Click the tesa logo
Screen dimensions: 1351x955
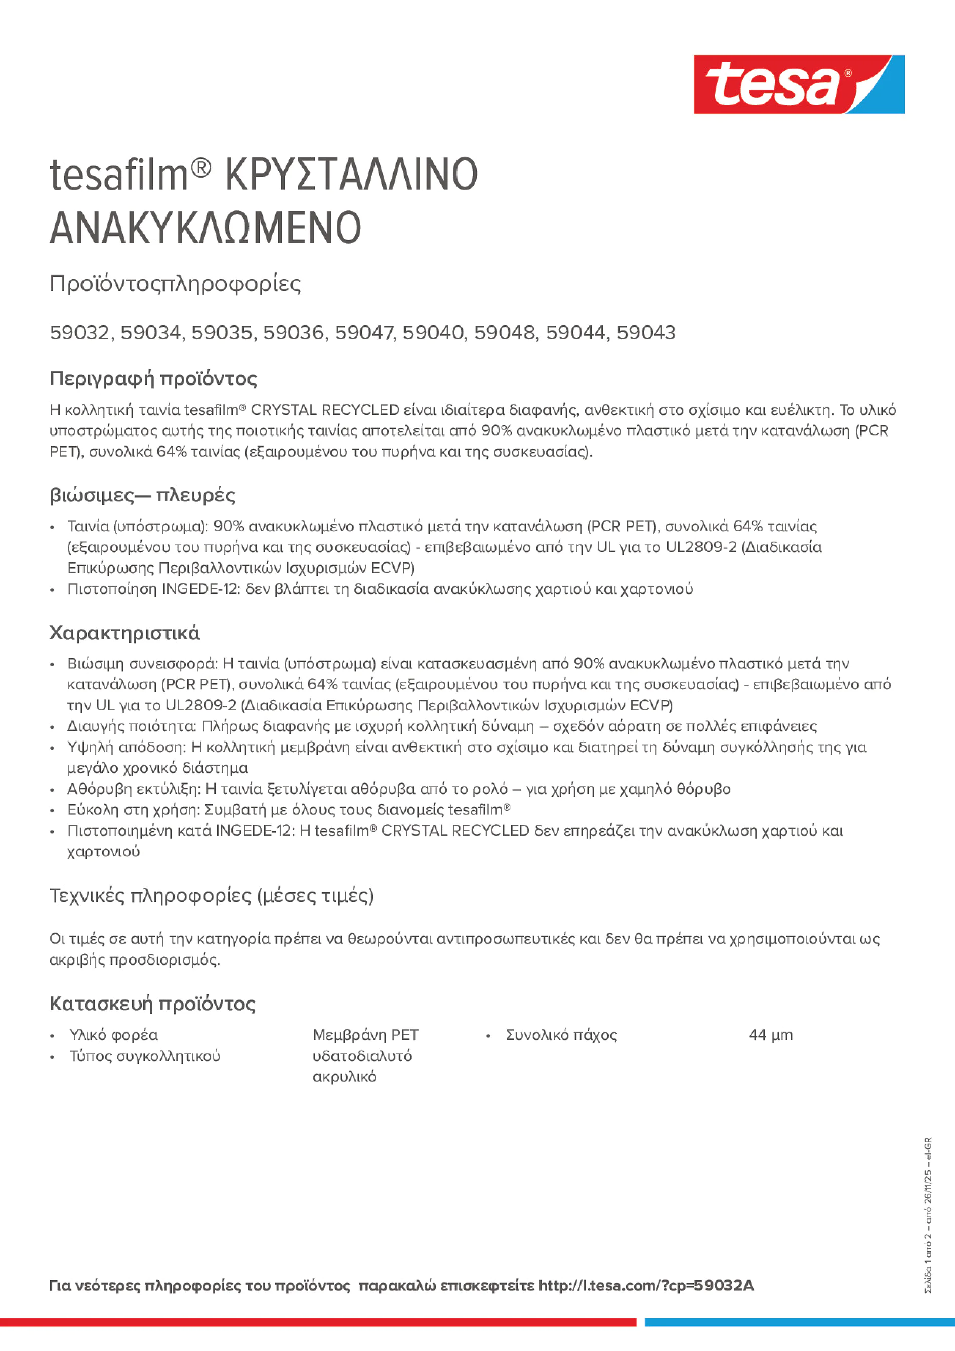coord(799,85)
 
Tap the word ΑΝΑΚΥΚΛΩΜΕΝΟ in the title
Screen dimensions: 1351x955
coord(205,228)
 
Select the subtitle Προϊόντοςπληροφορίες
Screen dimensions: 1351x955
coord(175,284)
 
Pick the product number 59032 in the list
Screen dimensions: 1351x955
coord(79,333)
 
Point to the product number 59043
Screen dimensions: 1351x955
coord(646,333)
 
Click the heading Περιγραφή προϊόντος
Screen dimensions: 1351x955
coord(153,378)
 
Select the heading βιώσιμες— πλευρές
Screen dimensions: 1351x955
coord(142,495)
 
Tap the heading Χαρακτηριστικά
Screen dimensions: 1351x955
coord(124,633)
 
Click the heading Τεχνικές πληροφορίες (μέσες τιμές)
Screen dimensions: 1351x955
coord(212,896)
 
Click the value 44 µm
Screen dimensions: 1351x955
coord(770,1035)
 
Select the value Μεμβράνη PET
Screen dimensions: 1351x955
coord(365,1035)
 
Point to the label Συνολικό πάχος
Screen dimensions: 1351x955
coord(561,1035)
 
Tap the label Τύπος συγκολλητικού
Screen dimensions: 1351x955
coord(145,1056)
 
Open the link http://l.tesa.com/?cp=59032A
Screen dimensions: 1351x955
coord(646,1286)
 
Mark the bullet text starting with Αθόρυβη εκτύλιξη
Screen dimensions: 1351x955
coord(399,789)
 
